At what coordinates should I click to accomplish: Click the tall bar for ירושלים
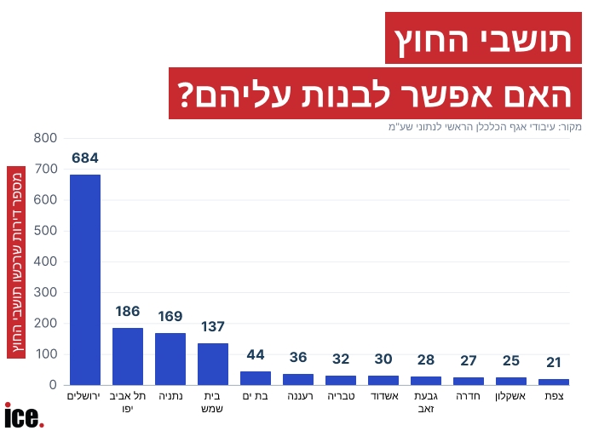pyautogui.click(x=85, y=279)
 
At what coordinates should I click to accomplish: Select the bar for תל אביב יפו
pyautogui.click(x=128, y=357)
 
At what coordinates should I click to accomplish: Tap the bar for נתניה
pyautogui.click(x=170, y=359)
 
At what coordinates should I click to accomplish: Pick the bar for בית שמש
pyautogui.click(x=213, y=364)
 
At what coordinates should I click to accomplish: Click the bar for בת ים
pyautogui.click(x=256, y=378)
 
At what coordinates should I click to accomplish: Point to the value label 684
pyautogui.click(x=85, y=158)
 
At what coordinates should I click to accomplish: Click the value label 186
pyautogui.click(x=128, y=311)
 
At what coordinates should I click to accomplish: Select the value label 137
pyautogui.click(x=213, y=326)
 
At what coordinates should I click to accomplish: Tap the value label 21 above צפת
pyautogui.click(x=554, y=362)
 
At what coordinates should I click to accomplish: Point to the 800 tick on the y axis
pyautogui.click(x=45, y=138)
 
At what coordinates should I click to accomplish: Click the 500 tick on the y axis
pyautogui.click(x=45, y=231)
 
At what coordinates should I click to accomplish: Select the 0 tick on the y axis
pyautogui.click(x=53, y=385)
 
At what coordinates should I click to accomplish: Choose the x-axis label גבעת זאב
pyautogui.click(x=426, y=402)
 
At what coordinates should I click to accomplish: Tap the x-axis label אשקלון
pyautogui.click(x=510, y=396)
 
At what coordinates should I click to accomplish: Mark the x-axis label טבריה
pyautogui.click(x=341, y=396)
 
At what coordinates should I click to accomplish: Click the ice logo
pyautogui.click(x=24, y=415)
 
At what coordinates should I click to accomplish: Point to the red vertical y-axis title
pyautogui.click(x=16, y=262)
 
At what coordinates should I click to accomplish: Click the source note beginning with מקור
pyautogui.click(x=485, y=127)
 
